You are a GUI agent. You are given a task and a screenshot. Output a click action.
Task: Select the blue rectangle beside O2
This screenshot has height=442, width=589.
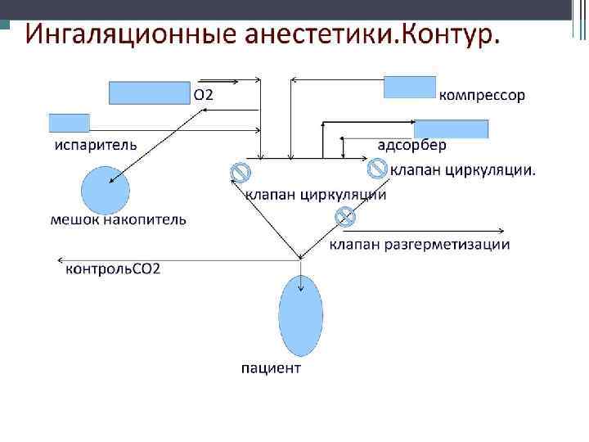pos(150,93)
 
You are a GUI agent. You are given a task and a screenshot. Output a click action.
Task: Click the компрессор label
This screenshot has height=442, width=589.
pos(483,95)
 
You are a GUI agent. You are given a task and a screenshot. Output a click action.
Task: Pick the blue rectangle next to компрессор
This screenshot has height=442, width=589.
pos(410,88)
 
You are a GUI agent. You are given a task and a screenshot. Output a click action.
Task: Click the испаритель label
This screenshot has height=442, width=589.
pos(96,145)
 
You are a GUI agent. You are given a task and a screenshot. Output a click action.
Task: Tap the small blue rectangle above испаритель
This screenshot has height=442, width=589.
pos(70,124)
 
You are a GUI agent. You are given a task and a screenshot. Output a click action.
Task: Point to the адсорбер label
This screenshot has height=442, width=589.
pos(411,146)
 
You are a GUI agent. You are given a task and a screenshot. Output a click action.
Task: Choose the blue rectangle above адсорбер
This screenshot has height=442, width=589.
pos(451,129)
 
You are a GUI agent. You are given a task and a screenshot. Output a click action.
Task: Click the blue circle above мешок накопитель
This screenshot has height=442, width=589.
pos(106,191)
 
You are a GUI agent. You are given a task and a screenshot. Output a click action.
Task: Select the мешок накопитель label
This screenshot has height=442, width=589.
pos(118,219)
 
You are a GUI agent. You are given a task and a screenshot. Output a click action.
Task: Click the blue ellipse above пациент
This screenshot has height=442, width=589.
pos(300,315)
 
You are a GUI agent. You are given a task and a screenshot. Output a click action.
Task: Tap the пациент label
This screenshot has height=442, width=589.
pos(271,368)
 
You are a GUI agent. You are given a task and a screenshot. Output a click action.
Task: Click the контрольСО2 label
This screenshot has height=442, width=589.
pos(113,268)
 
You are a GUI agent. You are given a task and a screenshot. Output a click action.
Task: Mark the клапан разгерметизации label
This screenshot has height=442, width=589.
pos(420,244)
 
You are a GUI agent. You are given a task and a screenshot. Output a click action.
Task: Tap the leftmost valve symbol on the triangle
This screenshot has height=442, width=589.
pos(240,172)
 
